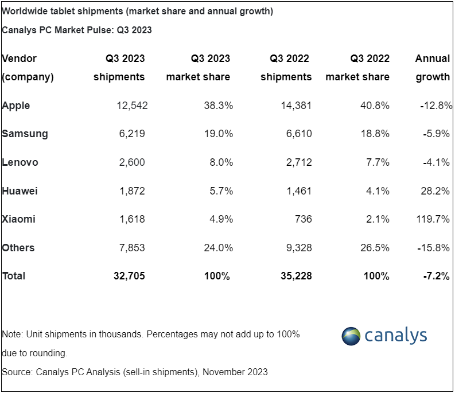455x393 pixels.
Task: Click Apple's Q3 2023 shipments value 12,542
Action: click(132, 106)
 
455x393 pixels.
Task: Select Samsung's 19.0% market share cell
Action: click(218, 134)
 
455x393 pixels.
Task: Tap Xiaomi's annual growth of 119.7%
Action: click(433, 219)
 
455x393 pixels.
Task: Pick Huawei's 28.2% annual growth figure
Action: click(435, 190)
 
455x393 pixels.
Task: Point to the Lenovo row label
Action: click(20, 162)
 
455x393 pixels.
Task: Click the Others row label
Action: click(18, 248)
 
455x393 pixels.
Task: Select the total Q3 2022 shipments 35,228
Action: click(296, 276)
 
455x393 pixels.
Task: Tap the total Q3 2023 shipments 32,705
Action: click(129, 276)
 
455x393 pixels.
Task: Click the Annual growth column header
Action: click(433, 68)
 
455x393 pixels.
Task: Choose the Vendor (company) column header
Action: click(28, 68)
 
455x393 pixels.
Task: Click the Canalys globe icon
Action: click(351, 336)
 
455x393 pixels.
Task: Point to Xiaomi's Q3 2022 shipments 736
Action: click(303, 219)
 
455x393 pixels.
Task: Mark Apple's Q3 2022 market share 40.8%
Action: click(375, 106)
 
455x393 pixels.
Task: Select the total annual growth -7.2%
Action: click(437, 276)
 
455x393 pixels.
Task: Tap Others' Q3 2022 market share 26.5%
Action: click(375, 248)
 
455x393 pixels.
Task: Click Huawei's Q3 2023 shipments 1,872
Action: click(132, 190)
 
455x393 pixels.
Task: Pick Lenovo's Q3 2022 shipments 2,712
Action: click(299, 162)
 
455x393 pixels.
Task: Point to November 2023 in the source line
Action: click(235, 372)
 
